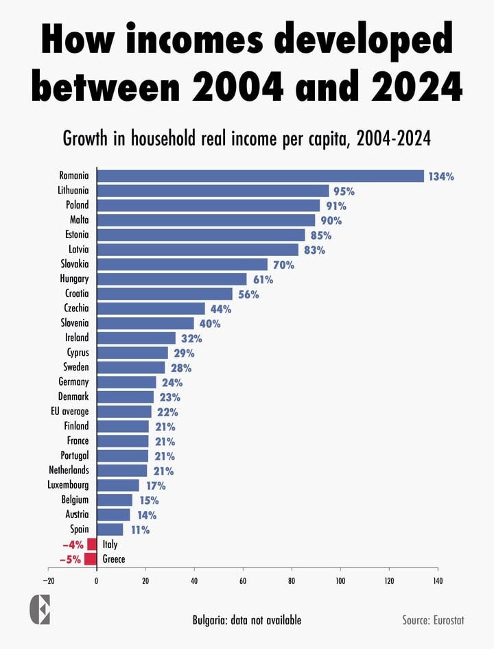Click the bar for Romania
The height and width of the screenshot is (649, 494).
coord(260,176)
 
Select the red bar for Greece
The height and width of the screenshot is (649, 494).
coord(91,559)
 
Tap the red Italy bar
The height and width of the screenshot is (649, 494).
coord(92,544)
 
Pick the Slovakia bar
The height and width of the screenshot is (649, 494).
coord(182,264)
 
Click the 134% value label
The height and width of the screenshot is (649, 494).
coord(441,176)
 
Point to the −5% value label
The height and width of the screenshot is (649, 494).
coord(70,559)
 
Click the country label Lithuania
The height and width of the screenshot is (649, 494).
coord(73,191)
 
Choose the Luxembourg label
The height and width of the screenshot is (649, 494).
coord(69,485)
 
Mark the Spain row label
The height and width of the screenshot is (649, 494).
coord(79,529)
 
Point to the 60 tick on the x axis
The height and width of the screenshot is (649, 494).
coord(243,580)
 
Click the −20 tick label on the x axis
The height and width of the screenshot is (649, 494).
coord(48,580)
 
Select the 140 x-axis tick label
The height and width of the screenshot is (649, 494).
coord(437,580)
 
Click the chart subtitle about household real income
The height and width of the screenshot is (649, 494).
coord(247,139)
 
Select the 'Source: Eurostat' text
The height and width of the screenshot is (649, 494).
coord(433,620)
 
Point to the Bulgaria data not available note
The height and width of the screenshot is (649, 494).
coord(246,620)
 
